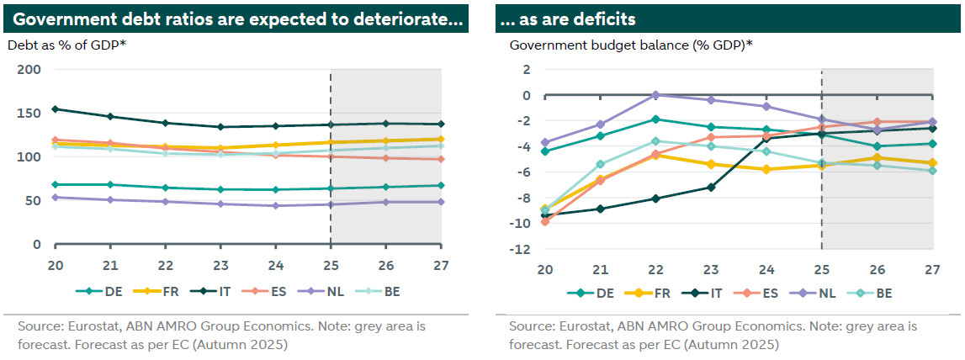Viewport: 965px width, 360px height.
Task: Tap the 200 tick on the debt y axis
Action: [29, 69]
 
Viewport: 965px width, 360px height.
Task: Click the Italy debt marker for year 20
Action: [55, 109]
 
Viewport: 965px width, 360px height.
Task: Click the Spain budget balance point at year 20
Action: [545, 221]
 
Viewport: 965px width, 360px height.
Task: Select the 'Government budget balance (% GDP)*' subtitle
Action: [631, 45]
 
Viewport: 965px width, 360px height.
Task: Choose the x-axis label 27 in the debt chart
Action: [442, 263]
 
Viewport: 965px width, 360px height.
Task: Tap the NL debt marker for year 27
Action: [442, 202]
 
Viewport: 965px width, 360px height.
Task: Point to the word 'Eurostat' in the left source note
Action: [93, 326]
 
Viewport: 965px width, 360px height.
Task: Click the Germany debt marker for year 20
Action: [55, 184]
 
